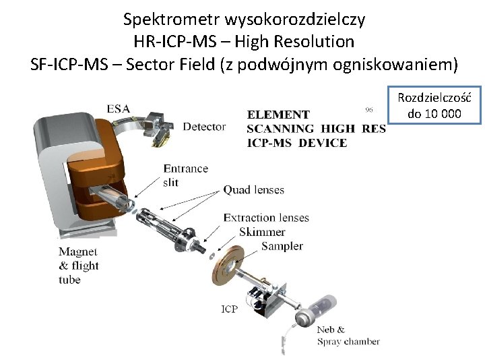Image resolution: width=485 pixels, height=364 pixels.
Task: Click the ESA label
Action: coord(118,109)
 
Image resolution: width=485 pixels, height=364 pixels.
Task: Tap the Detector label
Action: coord(204,127)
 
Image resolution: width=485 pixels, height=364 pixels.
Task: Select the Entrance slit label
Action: coord(185,175)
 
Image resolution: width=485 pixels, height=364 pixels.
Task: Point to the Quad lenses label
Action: coord(254,190)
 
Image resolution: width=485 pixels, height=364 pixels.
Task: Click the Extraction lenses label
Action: coord(266,218)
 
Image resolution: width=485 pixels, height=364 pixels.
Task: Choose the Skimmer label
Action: coord(261,232)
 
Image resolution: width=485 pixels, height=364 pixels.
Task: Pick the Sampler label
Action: coord(282,246)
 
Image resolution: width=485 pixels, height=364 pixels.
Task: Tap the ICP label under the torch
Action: coord(229,309)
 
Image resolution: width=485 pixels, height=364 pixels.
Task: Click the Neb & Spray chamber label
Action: coord(348,336)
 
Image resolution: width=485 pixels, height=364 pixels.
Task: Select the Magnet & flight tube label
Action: coord(79,266)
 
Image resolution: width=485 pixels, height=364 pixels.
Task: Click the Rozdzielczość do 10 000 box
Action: coord(434,105)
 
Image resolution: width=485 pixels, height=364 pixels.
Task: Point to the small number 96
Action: coord(369,109)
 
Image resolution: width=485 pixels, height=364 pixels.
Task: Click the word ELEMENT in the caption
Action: coord(278,115)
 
